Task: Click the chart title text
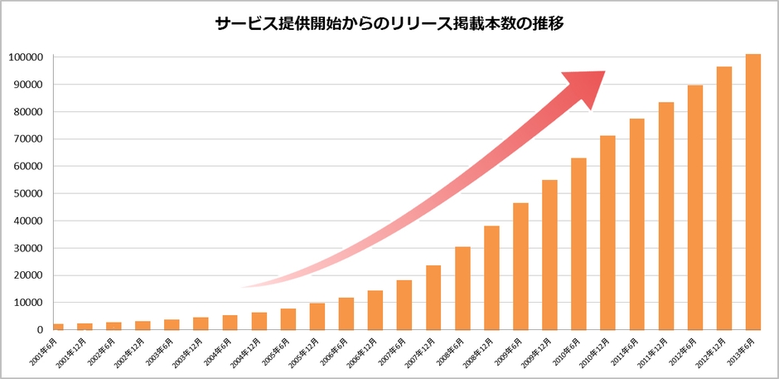pyautogui.click(x=389, y=24)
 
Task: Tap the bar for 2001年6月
pyautogui.click(x=59, y=327)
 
